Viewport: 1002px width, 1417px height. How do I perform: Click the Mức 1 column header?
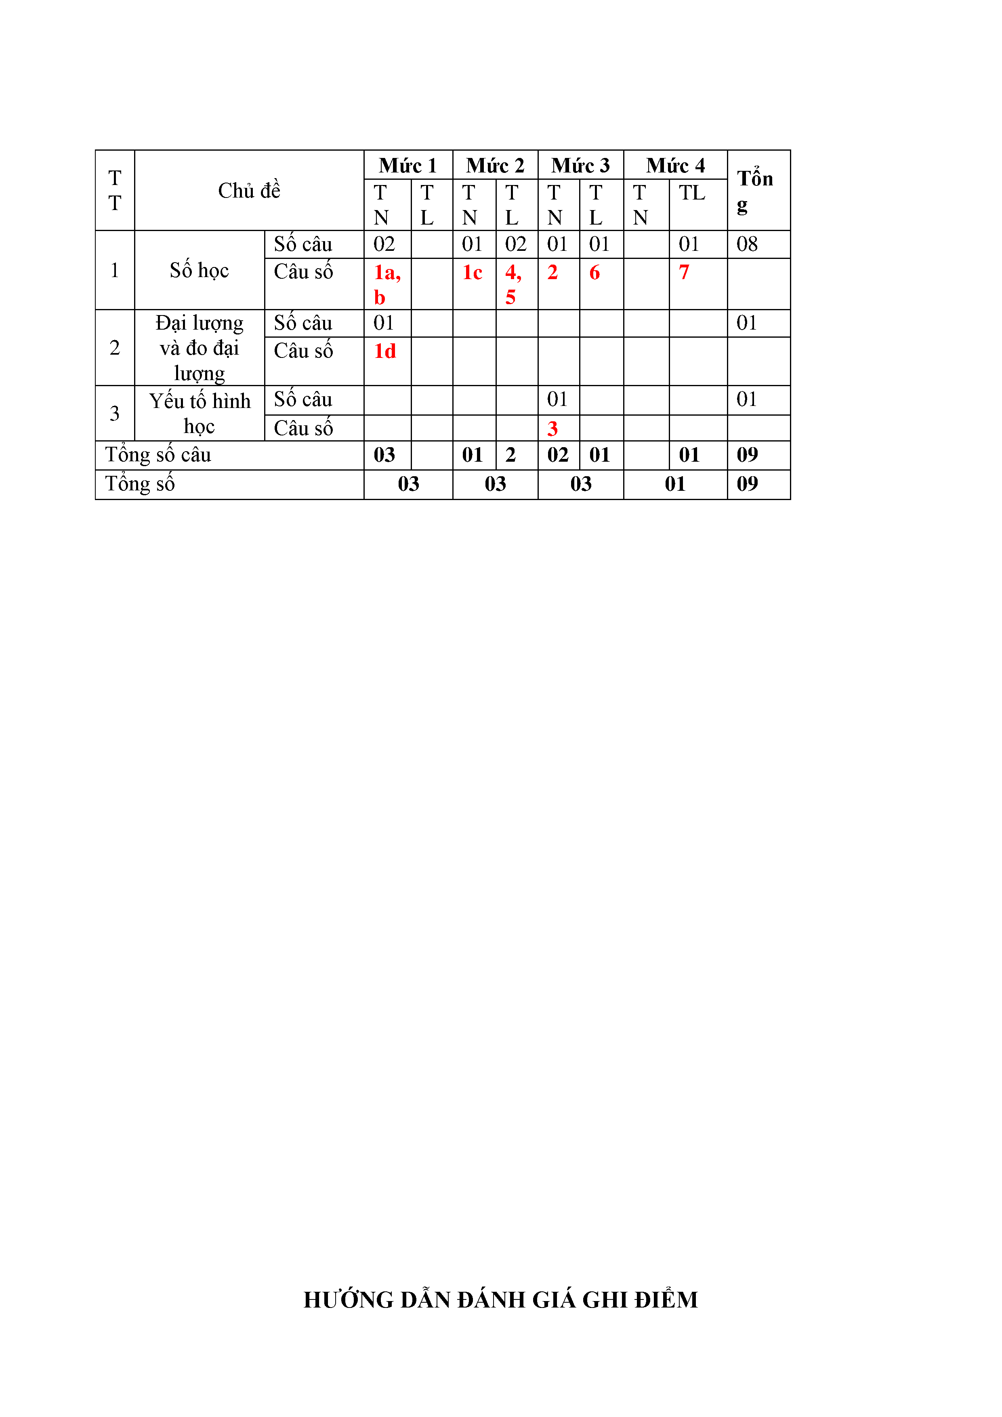point(408,165)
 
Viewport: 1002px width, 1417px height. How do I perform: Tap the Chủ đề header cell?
point(249,191)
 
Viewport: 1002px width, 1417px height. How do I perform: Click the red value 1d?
point(384,351)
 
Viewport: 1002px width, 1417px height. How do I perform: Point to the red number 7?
point(684,272)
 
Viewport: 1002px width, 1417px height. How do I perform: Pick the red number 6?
point(594,272)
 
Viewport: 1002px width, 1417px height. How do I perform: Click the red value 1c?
point(472,272)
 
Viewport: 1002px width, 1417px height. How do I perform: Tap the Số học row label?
point(199,270)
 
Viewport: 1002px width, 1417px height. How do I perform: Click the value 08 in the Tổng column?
point(747,244)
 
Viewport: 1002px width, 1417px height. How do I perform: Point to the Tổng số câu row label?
point(158,455)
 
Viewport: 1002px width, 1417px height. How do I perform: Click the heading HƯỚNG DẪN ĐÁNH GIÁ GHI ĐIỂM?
point(500,1300)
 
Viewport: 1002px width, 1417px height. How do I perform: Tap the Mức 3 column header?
point(580,165)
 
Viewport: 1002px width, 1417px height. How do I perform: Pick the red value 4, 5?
point(513,284)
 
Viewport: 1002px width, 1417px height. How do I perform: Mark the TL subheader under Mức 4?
point(692,193)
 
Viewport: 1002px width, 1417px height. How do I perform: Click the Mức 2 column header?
point(495,165)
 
